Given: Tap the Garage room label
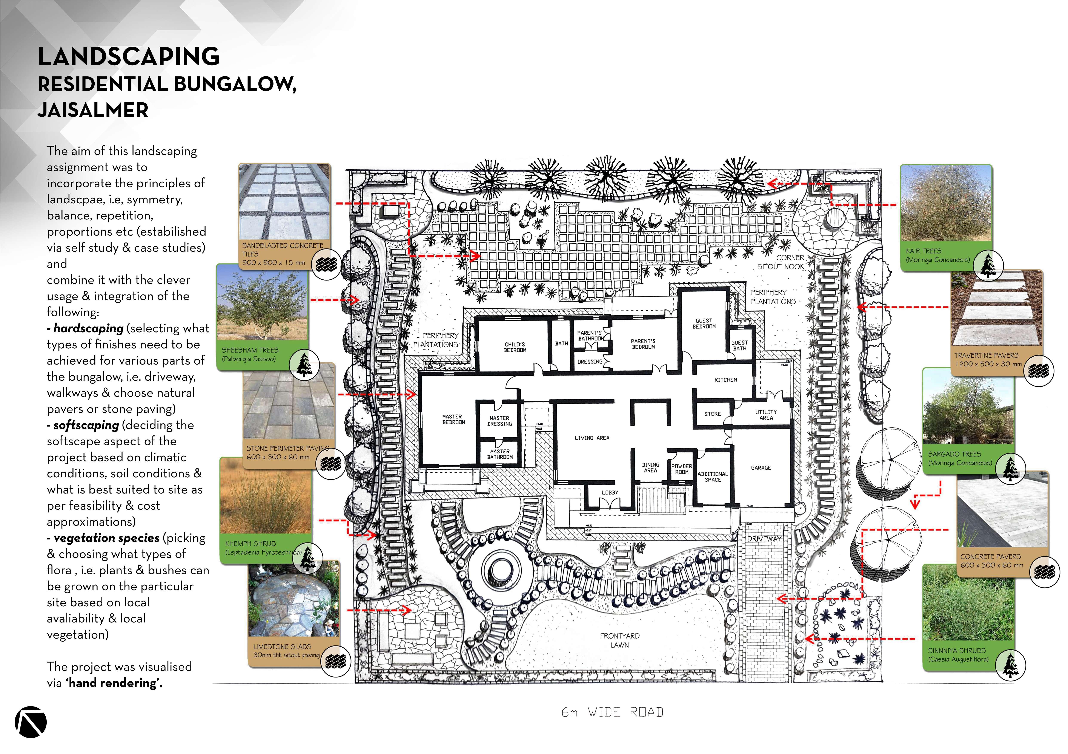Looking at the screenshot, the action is pyautogui.click(x=761, y=468).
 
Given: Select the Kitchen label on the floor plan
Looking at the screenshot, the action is pyautogui.click(x=726, y=380).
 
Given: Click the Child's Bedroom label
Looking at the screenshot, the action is pyautogui.click(x=515, y=347).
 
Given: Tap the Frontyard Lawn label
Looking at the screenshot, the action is pyautogui.click(x=620, y=640).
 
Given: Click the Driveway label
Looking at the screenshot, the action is pyautogui.click(x=764, y=539).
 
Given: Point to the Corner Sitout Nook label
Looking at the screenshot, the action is pyautogui.click(x=782, y=262).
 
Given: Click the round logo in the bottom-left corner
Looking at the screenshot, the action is pyautogui.click(x=31, y=722).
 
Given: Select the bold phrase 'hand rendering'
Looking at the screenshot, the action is pyautogui.click(x=114, y=683).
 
